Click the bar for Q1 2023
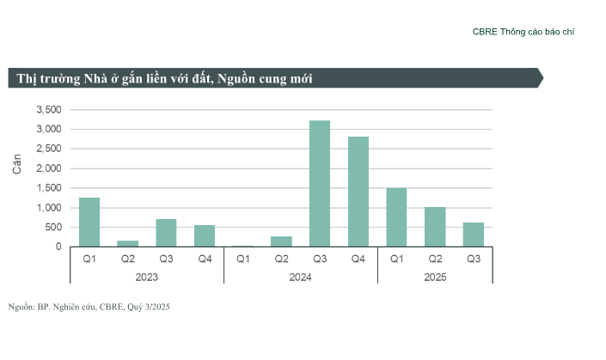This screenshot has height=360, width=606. tap(89, 223)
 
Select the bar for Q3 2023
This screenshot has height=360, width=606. tap(166, 233)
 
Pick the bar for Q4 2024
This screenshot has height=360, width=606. tap(358, 192)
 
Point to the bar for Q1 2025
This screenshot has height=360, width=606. tap(396, 217)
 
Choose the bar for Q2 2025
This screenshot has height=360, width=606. tap(435, 227)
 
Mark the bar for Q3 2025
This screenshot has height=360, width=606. tap(474, 235)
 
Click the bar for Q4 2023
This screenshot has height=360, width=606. tap(205, 236)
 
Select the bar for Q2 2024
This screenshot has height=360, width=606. tap(281, 241)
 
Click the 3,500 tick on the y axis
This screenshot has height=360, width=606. tap(48, 110)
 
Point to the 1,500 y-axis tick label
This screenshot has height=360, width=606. tap(48, 188)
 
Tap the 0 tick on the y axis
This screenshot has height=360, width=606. tap(58, 247)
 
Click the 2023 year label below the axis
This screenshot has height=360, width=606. tap(147, 277)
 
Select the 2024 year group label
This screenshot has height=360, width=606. tap(300, 277)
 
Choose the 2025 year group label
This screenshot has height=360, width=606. tap(435, 277)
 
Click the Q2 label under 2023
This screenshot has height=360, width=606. tap(128, 259)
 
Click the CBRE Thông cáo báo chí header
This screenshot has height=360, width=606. tap(523, 32)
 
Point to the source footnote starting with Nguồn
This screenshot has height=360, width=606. tap(89, 307)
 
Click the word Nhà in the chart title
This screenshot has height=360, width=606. tap(95, 79)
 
